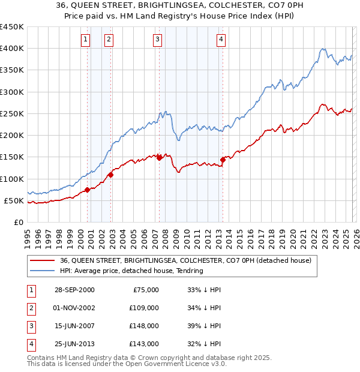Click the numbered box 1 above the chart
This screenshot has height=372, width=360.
(x=85, y=40)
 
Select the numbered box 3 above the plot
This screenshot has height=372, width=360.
(x=157, y=40)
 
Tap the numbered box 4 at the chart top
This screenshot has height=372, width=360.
(x=221, y=40)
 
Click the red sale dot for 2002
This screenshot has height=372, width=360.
(x=110, y=175)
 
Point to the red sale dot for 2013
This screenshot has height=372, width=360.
(x=223, y=160)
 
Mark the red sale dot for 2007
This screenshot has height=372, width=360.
(x=159, y=158)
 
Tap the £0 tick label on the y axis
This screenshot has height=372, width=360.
(x=19, y=222)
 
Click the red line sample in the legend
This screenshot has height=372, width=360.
(x=42, y=261)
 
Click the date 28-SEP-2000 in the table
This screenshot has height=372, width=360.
(x=74, y=290)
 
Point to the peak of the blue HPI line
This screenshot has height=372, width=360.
(x=323, y=49)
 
